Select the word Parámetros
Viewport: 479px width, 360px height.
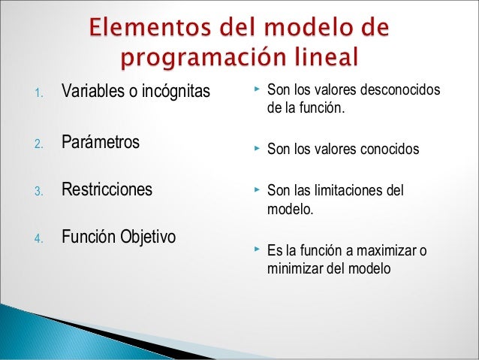[100, 141]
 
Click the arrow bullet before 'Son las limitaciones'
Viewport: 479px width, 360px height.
[256, 190]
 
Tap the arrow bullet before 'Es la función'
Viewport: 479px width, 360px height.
[256, 249]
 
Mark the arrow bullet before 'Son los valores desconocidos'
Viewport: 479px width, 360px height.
[256, 90]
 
